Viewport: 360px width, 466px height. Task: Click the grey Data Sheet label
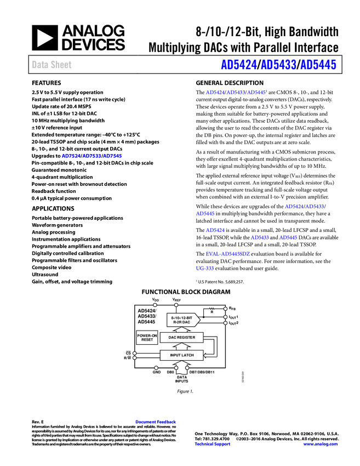click(x=52, y=65)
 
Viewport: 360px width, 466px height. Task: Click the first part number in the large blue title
click(x=238, y=65)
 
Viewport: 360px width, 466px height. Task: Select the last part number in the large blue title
click(x=318, y=65)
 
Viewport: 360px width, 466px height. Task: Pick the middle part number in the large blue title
click(x=278, y=65)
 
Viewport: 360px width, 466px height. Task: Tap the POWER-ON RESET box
click(x=147, y=338)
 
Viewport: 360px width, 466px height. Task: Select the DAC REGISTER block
click(x=181, y=338)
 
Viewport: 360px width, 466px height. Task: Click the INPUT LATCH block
click(x=181, y=355)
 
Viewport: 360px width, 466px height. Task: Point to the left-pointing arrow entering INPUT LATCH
click(x=210, y=356)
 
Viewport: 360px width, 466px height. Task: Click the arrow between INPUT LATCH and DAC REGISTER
click(x=181, y=346)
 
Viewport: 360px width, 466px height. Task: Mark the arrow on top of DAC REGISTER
click(x=181, y=329)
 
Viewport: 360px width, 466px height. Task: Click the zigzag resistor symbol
click(x=212, y=309)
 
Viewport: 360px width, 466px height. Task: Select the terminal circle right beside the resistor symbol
click(x=225, y=309)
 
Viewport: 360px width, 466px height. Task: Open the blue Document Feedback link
click(x=156, y=422)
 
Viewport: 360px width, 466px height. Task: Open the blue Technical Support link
click(x=213, y=444)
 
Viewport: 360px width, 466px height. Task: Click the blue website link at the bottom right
click(x=321, y=444)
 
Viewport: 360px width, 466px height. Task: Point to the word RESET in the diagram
click(x=147, y=340)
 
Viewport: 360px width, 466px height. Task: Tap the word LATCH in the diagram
click(x=188, y=355)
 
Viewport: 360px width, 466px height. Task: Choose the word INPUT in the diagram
click(x=175, y=355)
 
